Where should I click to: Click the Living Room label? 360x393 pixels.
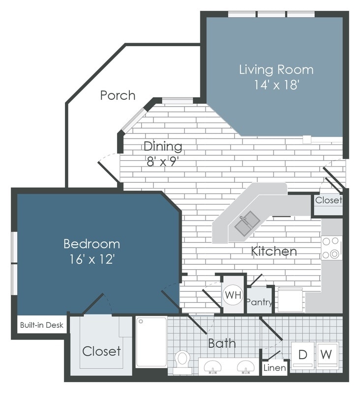(x=276, y=69)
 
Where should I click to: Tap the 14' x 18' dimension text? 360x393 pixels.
(x=276, y=85)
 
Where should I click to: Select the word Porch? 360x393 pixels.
(x=118, y=95)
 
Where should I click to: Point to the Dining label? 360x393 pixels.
(x=163, y=146)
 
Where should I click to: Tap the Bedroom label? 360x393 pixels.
(x=91, y=244)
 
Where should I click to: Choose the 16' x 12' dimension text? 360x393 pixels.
(x=91, y=259)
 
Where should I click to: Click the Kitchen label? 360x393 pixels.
(x=274, y=252)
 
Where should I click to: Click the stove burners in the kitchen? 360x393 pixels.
(x=331, y=248)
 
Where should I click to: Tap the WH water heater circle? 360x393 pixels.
(x=233, y=296)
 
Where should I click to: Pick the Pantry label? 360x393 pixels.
(x=259, y=302)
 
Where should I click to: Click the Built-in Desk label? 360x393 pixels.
(x=41, y=325)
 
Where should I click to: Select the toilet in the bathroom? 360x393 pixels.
(x=182, y=359)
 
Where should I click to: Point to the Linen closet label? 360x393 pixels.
(x=274, y=367)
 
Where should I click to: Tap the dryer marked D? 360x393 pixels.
(x=302, y=354)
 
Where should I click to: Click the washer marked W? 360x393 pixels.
(x=327, y=354)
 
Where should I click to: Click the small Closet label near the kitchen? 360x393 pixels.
(x=328, y=200)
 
